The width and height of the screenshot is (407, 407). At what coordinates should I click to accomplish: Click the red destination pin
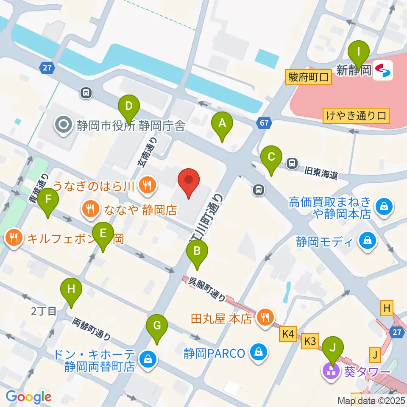coord(189,183)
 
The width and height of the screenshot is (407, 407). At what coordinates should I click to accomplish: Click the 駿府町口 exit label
coord(308,78)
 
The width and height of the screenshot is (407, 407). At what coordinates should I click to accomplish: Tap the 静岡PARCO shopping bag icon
coord(257,352)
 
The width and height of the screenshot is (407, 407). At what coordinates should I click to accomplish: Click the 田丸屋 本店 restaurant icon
coord(266,318)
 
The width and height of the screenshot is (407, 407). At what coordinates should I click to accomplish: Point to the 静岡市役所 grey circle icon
coord(64,125)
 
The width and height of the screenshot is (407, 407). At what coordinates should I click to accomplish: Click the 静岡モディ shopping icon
coord(366,242)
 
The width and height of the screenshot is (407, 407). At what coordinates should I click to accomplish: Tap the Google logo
coord(28,397)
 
